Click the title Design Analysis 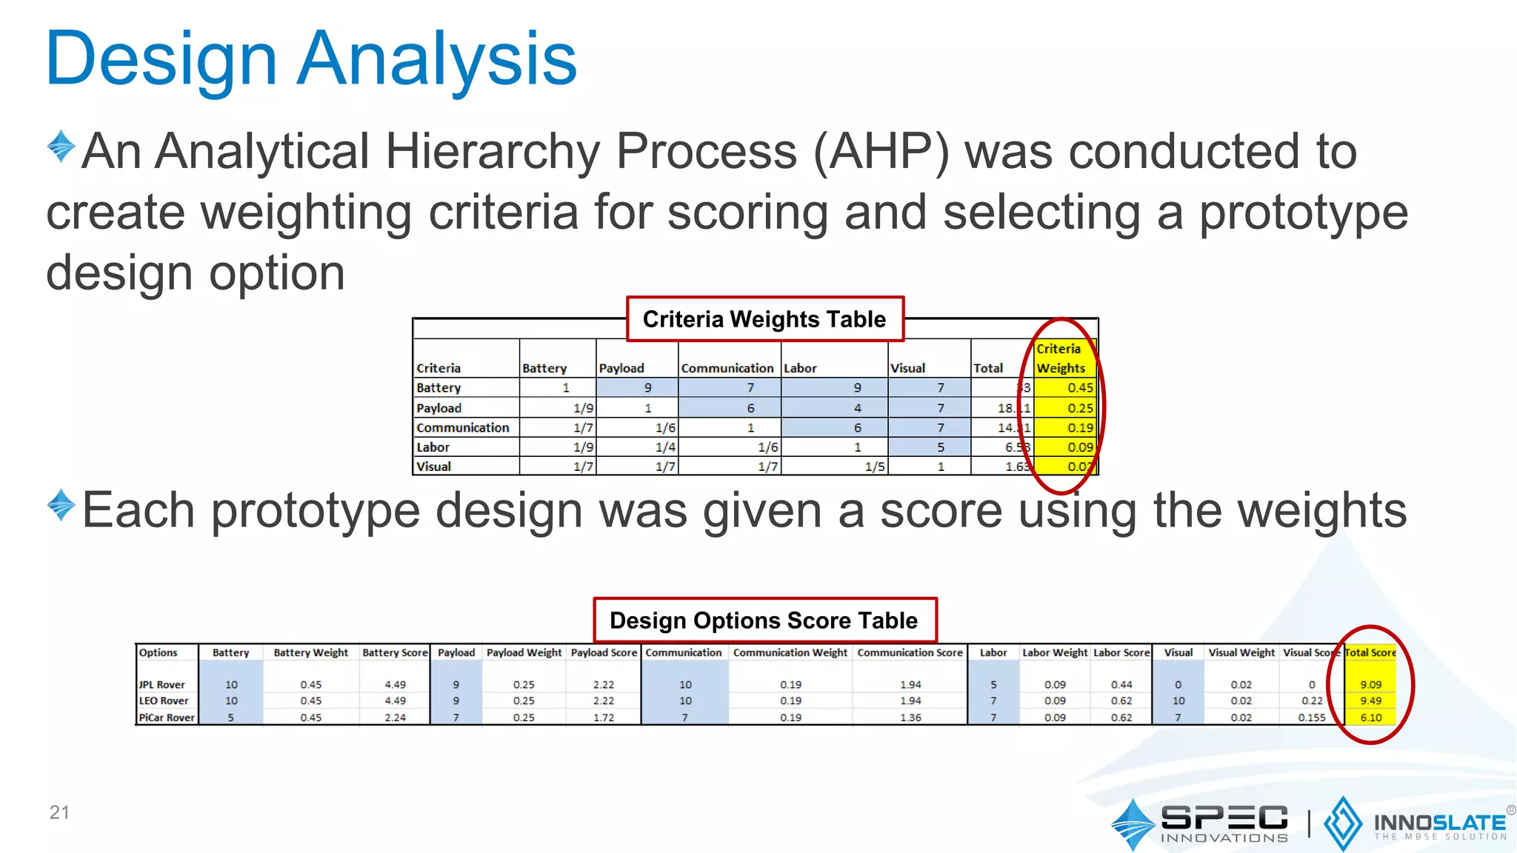coord(311,59)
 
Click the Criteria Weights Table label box coord(764,319)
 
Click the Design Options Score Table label coord(764,620)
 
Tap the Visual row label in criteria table coord(434,467)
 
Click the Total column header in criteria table coord(988,368)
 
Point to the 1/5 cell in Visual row coord(874,467)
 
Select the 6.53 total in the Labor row coord(1016,447)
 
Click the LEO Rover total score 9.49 coord(1370,700)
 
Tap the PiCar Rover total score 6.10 coord(1370,717)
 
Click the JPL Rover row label coord(162,685)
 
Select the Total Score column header coord(1370,652)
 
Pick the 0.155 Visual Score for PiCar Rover coord(1311,717)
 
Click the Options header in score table coord(159,652)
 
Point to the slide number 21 coord(59,812)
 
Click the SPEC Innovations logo coord(1200,823)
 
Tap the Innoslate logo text coord(1438,823)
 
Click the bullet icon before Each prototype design coord(61,506)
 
